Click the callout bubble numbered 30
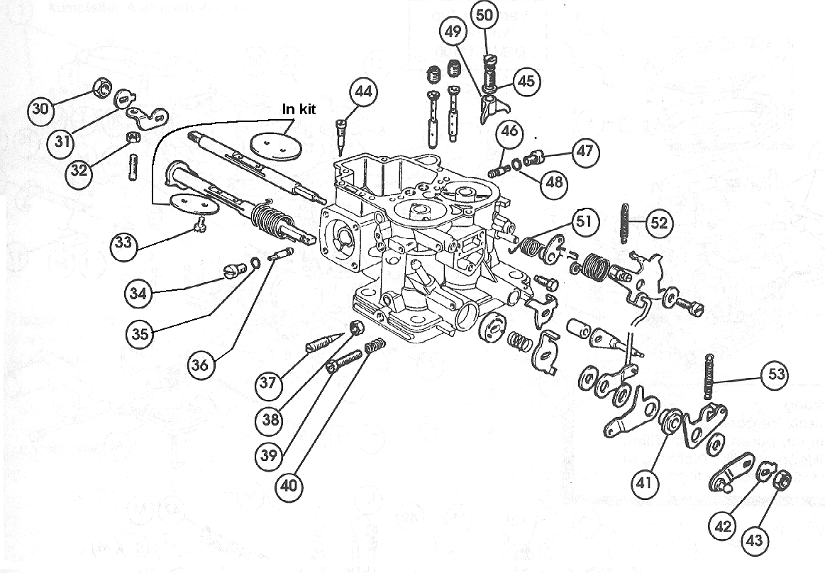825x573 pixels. point(41,109)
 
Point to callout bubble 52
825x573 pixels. point(658,223)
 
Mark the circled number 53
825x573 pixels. point(775,374)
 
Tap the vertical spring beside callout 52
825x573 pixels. point(624,223)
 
